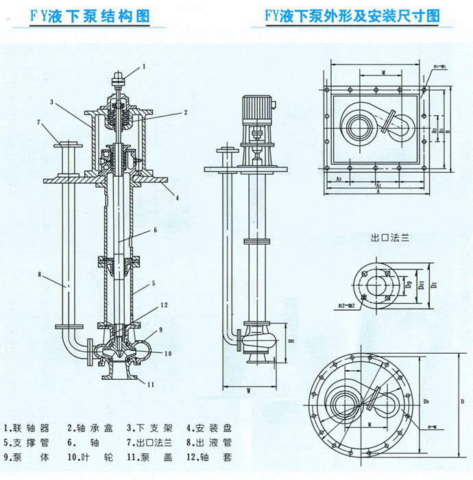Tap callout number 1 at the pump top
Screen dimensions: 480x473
pyautogui.click(x=145, y=67)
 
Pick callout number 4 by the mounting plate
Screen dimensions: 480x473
pyautogui.click(x=177, y=198)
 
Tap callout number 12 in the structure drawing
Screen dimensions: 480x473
pyautogui.click(x=164, y=304)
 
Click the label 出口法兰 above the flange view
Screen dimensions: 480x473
pyautogui.click(x=389, y=239)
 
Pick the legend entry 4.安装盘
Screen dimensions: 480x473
pyautogui.click(x=210, y=426)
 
